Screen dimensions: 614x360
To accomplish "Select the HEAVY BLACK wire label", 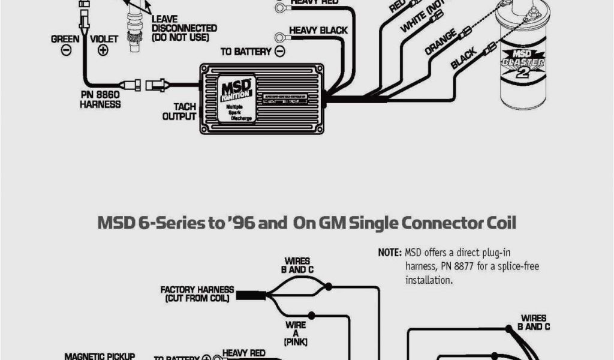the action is pos(318,30).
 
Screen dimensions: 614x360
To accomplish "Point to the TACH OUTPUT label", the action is pos(180,112).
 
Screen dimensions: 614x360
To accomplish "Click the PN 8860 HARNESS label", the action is pos(100,99).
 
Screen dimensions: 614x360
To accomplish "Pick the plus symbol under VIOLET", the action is pos(103,50).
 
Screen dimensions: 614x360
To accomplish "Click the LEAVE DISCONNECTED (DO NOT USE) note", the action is pos(183,28).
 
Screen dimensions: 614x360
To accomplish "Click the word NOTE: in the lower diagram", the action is pos(390,253).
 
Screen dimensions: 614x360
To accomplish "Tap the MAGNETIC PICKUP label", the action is pos(100,356).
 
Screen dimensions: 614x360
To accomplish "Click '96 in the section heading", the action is pos(244,224).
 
